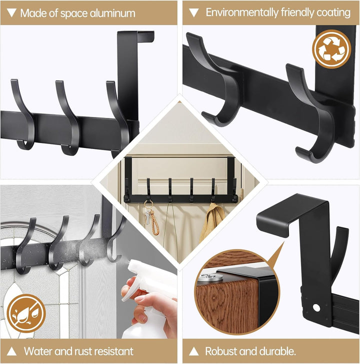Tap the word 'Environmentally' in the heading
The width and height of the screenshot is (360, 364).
(x=242, y=12)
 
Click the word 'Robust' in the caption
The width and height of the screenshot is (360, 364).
(x=220, y=351)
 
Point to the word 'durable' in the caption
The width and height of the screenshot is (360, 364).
(x=277, y=351)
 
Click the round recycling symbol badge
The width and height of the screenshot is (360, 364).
(x=331, y=49)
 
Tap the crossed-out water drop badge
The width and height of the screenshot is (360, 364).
(x=26, y=313)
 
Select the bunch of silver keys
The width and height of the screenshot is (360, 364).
(x=147, y=216)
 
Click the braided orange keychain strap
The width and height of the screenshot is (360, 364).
(x=155, y=222)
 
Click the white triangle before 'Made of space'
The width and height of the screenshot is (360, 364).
(x=11, y=13)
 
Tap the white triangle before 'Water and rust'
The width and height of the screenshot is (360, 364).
(x=11, y=351)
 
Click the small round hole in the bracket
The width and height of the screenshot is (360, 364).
(x=316, y=307)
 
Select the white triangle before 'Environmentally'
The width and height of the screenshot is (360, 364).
(x=194, y=13)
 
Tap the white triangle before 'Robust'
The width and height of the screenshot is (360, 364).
(x=194, y=351)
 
